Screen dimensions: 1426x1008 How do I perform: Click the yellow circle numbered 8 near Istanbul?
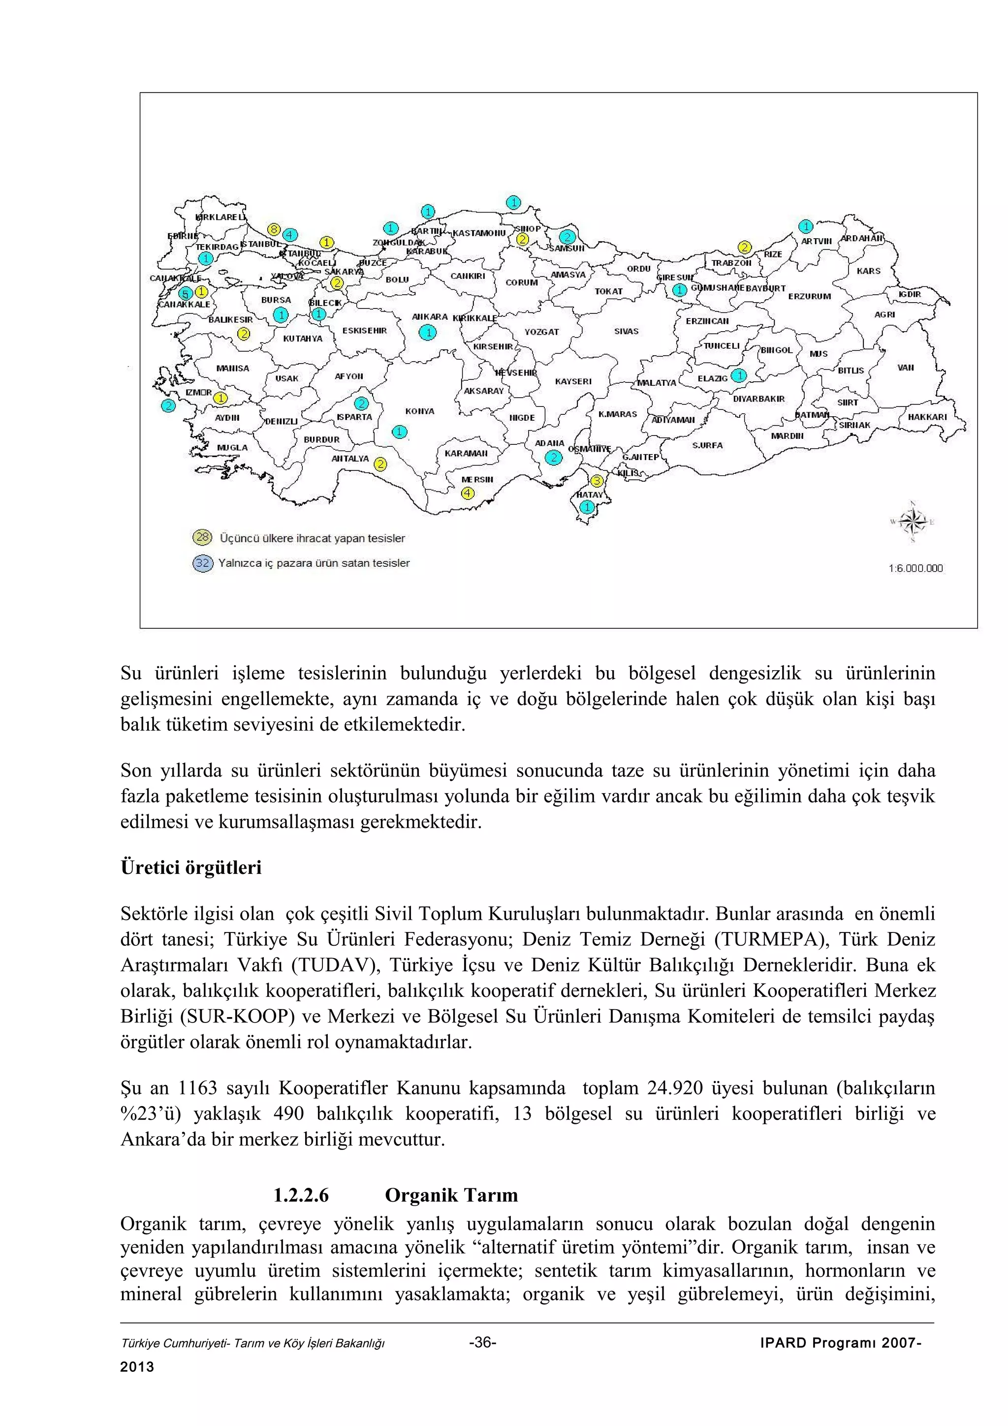click(x=273, y=229)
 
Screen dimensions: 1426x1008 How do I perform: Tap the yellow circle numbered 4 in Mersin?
click(x=468, y=493)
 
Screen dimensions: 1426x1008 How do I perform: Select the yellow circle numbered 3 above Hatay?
click(x=596, y=481)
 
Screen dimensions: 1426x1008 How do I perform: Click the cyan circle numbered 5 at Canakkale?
click(x=185, y=293)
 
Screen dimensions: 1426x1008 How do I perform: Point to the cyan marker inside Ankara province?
click(x=427, y=333)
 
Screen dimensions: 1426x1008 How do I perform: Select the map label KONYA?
click(x=420, y=411)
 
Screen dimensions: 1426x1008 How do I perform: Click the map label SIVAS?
click(x=626, y=331)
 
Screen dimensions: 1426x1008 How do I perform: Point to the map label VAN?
click(x=906, y=367)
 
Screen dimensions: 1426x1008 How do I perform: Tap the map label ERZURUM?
click(x=809, y=296)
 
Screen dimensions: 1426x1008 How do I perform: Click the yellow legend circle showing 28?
click(x=202, y=537)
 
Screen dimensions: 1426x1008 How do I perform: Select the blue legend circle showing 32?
click(x=202, y=563)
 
